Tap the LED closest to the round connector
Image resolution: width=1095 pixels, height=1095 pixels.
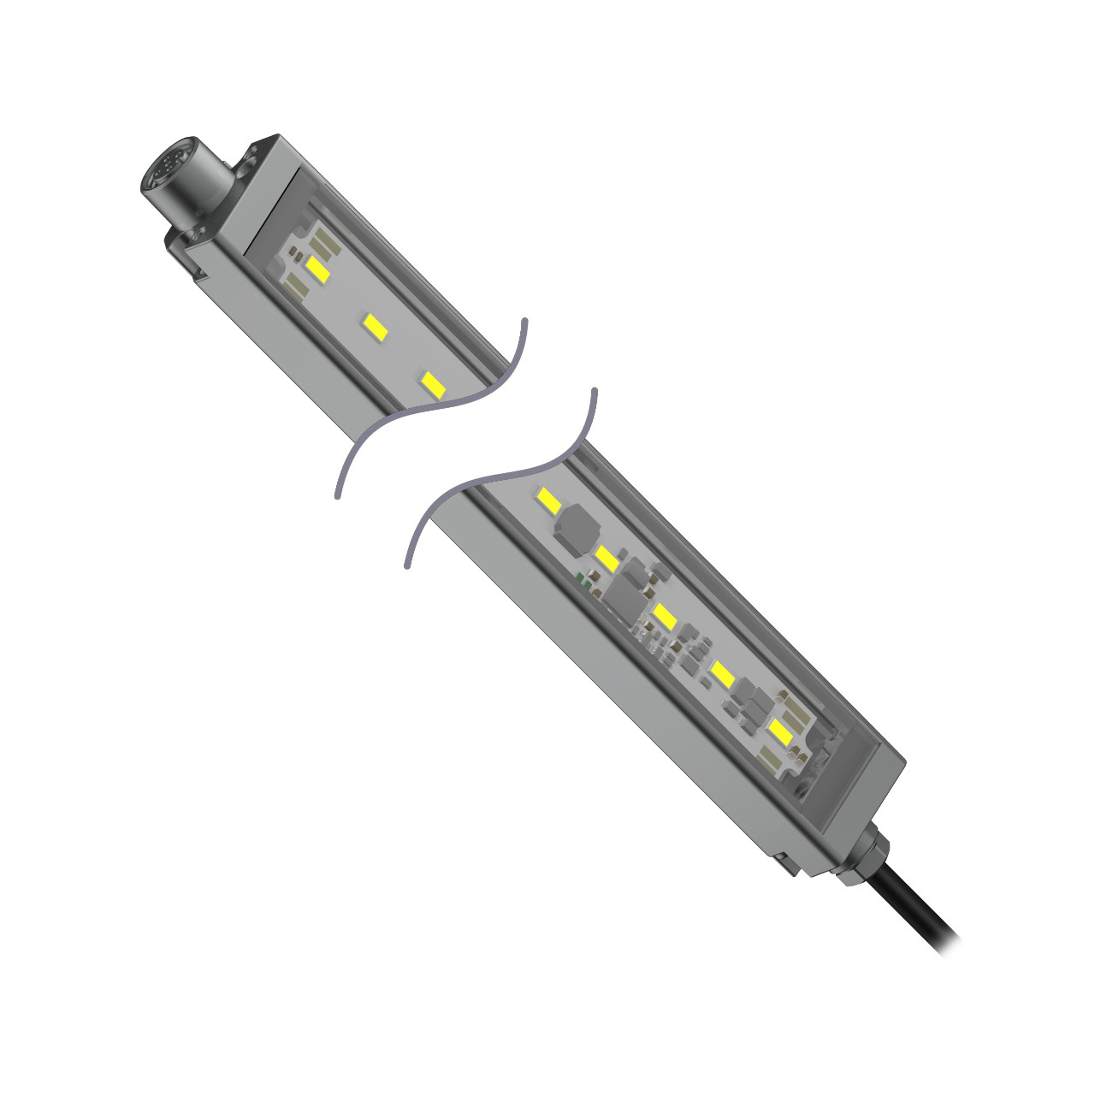317,269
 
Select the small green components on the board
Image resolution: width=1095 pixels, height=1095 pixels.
587,578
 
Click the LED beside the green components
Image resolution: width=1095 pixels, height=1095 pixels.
608,559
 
